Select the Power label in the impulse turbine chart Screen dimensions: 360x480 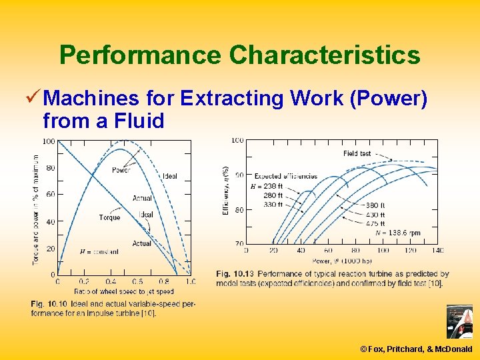coord(121,170)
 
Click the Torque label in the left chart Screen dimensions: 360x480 coord(109,217)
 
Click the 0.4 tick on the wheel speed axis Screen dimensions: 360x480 coord(110,281)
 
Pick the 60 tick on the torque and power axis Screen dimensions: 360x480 coord(51,195)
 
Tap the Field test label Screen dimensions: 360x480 coord(357,153)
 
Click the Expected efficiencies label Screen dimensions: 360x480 coord(286,176)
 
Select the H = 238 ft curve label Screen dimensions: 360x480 coord(267,186)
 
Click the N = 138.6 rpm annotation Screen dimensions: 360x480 coord(397,233)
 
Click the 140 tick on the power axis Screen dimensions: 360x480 coord(437,251)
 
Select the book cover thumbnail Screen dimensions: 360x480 coord(459,322)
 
